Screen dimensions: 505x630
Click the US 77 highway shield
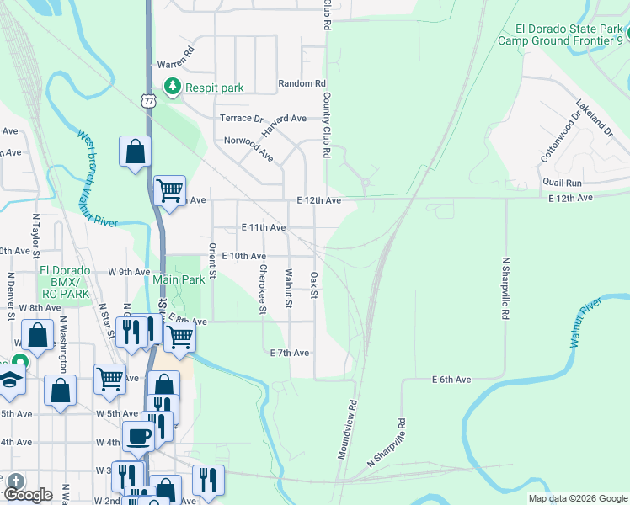coord(148,101)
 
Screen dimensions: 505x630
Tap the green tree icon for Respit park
coord(172,87)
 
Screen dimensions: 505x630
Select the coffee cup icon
coord(138,436)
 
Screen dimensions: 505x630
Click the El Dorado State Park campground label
coord(560,33)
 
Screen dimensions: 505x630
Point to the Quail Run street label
coord(563,183)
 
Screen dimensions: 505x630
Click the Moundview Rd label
coord(348,428)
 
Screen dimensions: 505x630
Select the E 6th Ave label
coord(451,380)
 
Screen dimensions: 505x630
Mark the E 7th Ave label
coord(289,352)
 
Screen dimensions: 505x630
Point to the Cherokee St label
coord(263,290)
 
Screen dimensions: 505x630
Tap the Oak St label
coord(313,284)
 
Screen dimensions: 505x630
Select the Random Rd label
coord(302,84)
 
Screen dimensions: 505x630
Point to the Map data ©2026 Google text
coord(577,498)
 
